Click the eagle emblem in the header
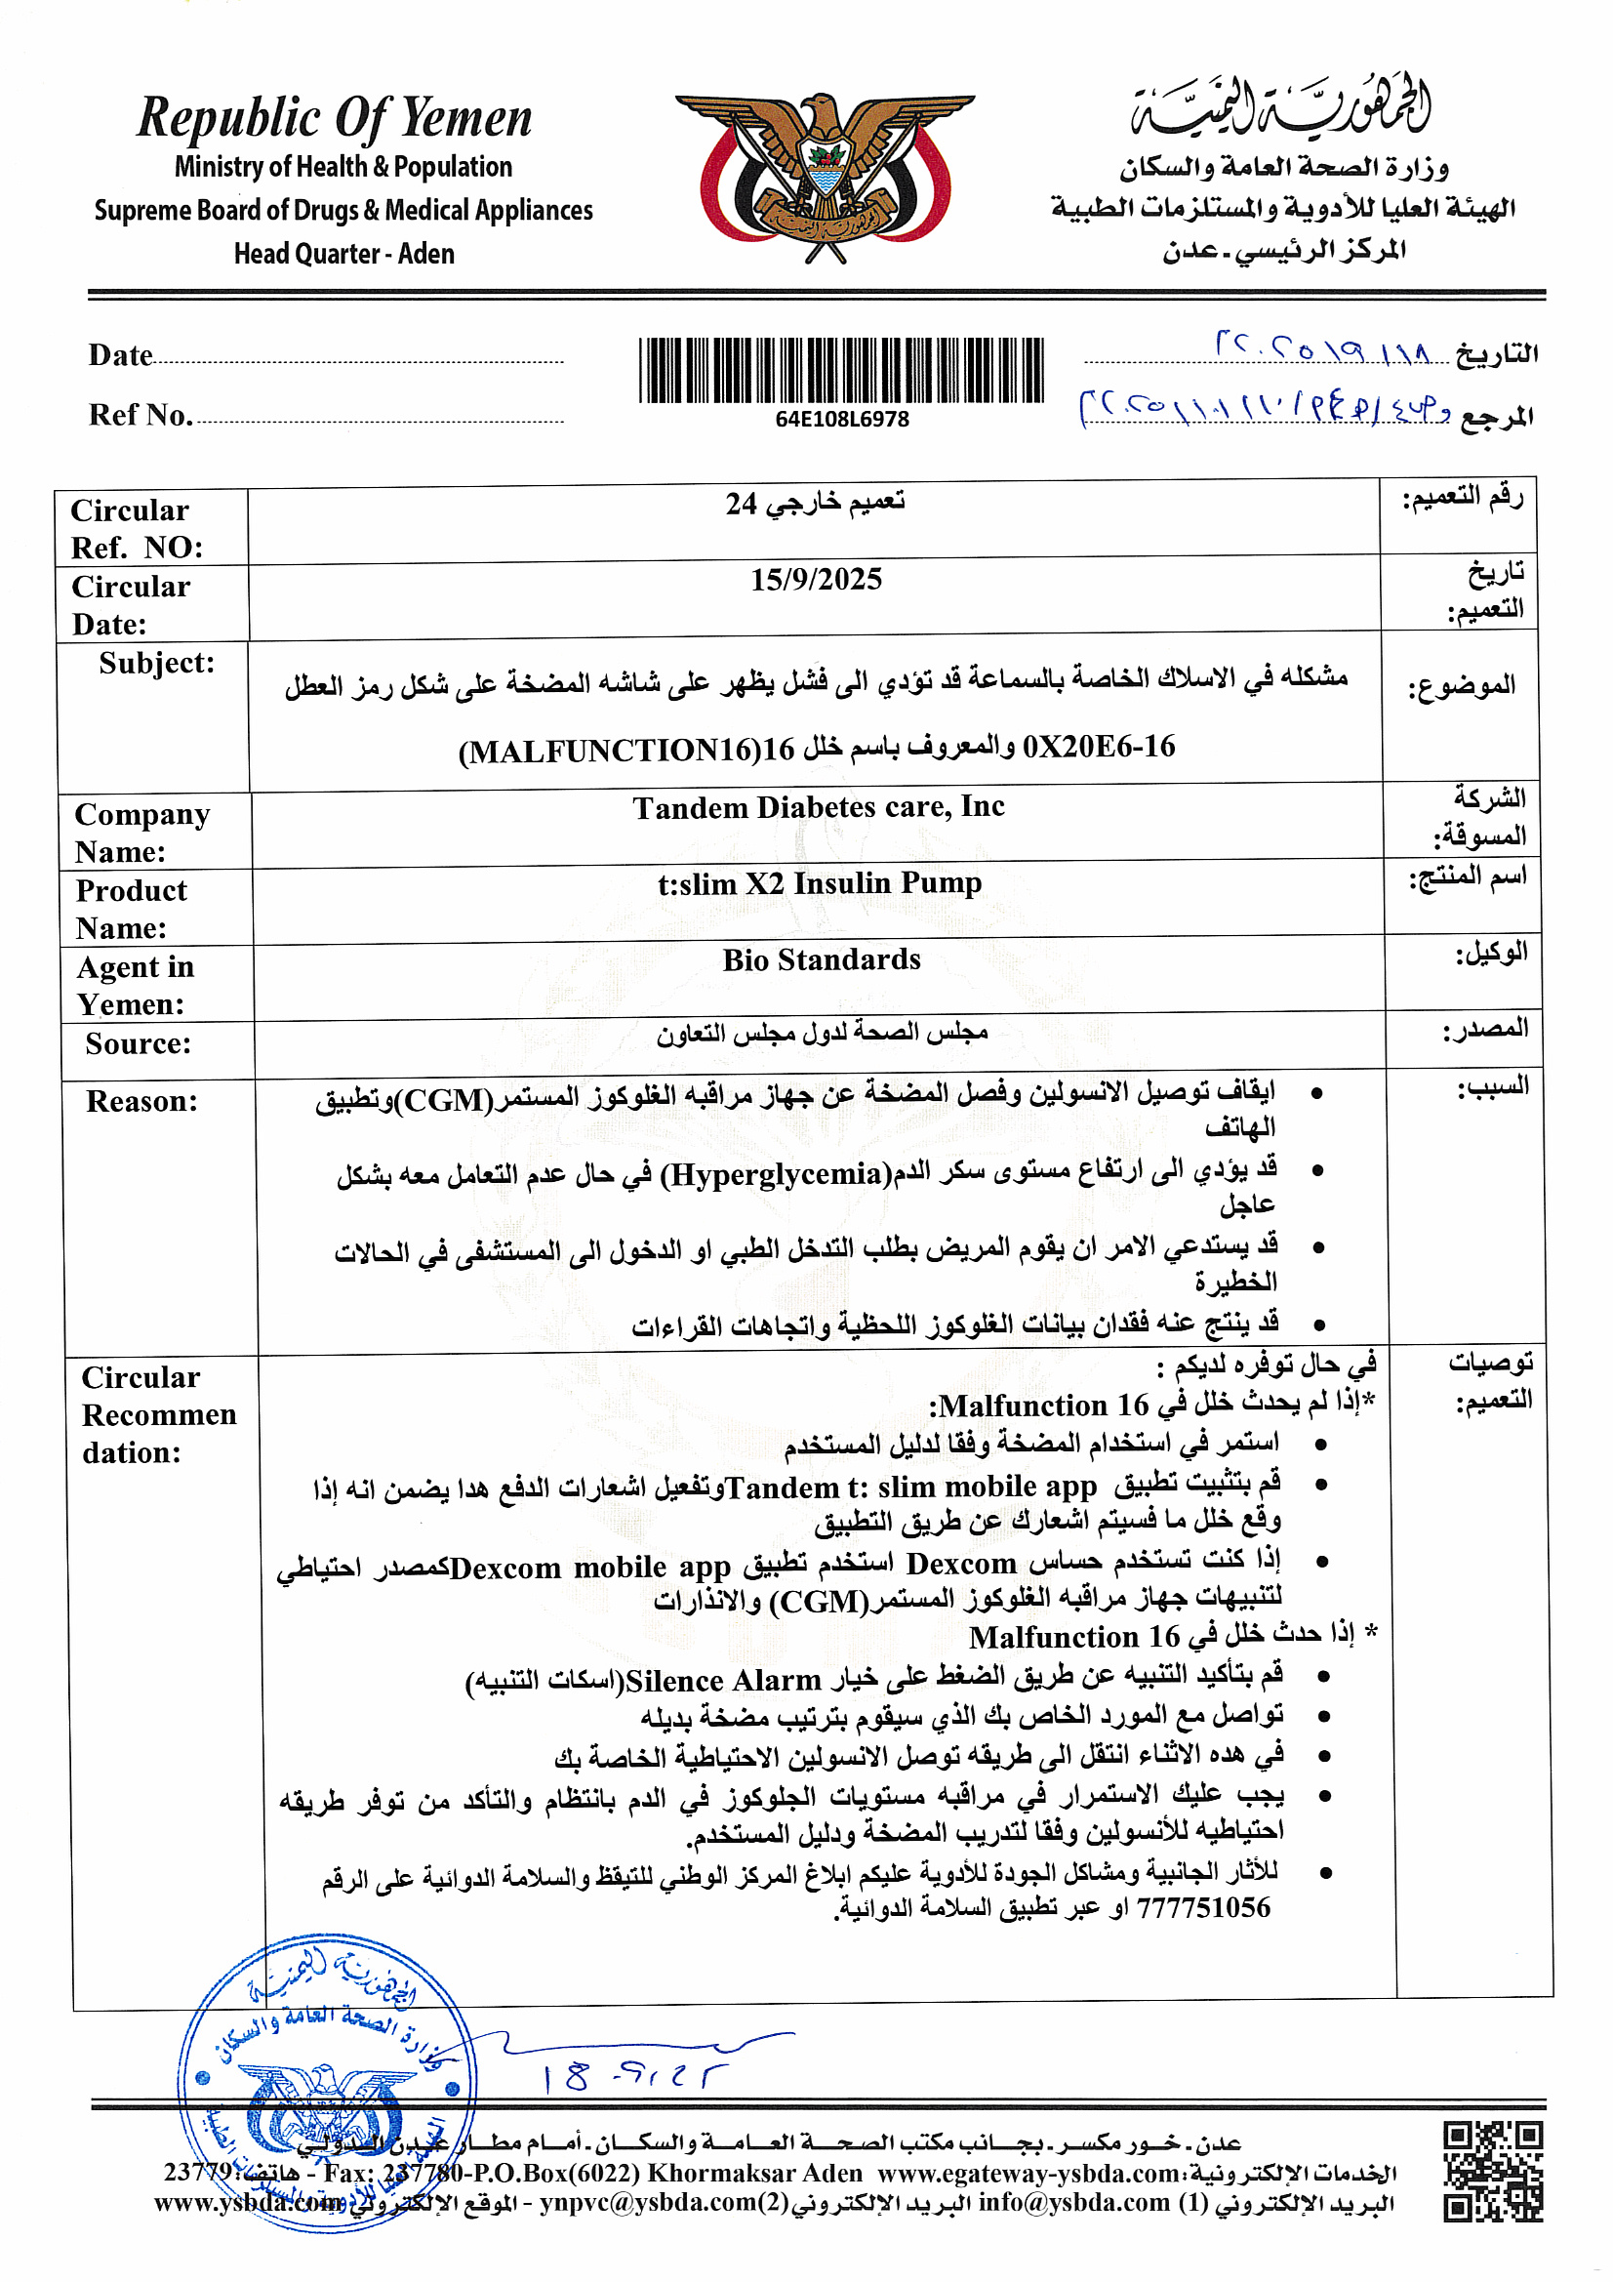(x=824, y=177)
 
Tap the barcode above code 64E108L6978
(x=841, y=370)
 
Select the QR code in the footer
(x=1493, y=2172)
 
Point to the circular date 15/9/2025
(x=816, y=580)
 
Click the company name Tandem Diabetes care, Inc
(x=819, y=807)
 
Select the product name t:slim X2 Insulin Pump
(x=819, y=882)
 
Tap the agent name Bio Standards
(x=821, y=959)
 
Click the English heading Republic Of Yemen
(x=335, y=118)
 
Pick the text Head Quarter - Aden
(x=343, y=254)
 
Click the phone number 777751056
(x=1202, y=1907)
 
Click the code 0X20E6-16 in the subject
(x=1098, y=746)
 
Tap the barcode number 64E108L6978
(x=842, y=420)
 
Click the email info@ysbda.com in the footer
(x=1073, y=2203)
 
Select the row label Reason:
(x=142, y=1100)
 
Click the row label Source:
(x=139, y=1042)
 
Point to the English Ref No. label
(x=141, y=415)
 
